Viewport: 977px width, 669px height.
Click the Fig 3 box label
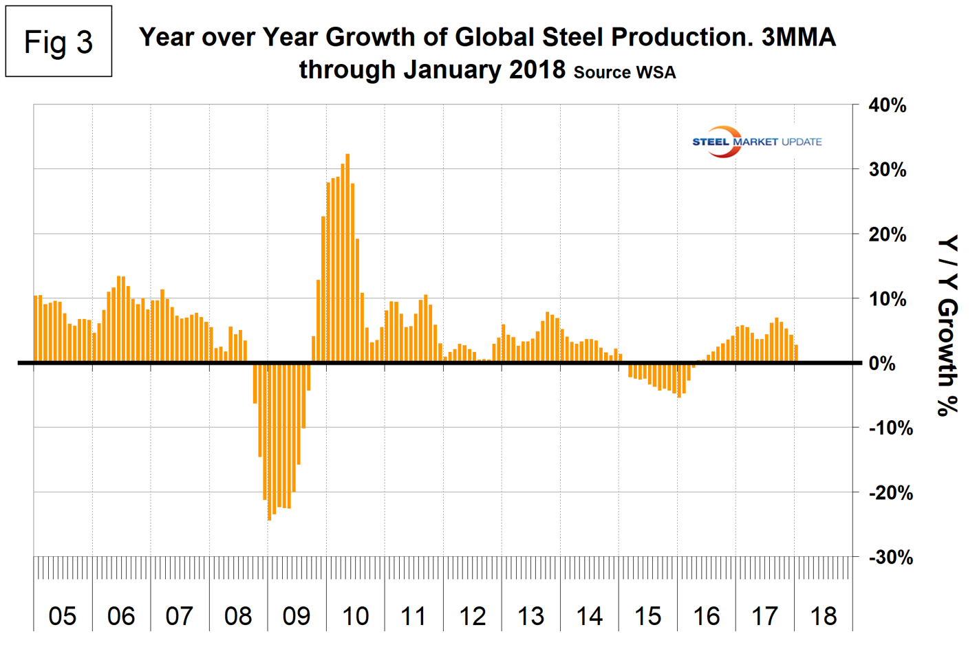58,42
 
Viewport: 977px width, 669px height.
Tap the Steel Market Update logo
756,142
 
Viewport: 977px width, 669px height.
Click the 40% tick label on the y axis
888,106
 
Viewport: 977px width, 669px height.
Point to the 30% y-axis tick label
888,170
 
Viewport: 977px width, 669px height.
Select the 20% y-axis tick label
888,234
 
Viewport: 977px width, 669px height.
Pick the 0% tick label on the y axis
882,364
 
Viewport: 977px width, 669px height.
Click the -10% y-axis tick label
890,428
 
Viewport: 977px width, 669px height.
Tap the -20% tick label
890,492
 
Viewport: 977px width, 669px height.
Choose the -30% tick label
890,557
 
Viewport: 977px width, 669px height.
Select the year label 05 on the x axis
63,616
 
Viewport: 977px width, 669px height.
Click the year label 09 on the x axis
297,616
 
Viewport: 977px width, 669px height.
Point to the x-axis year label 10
355,616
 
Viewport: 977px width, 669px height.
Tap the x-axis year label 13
530,616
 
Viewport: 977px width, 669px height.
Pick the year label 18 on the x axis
824,616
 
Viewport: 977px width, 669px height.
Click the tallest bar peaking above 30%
347,258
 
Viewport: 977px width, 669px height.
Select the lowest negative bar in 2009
269,441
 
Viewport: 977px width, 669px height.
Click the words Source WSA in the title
625,72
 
